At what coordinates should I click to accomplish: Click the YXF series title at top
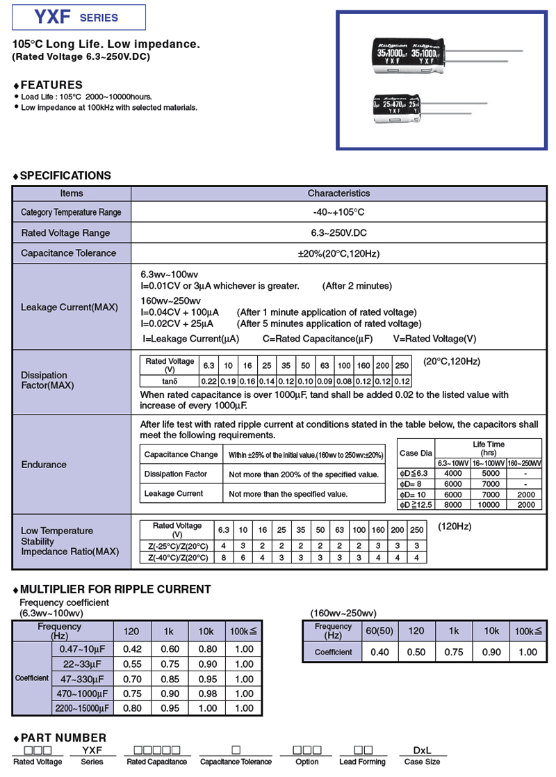pyautogui.click(x=79, y=17)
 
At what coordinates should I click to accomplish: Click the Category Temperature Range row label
pyautogui.click(x=71, y=212)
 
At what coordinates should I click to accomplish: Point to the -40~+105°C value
pyautogui.click(x=338, y=212)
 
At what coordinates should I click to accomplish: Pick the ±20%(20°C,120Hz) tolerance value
pyautogui.click(x=338, y=253)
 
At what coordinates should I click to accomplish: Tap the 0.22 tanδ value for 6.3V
pyautogui.click(x=208, y=381)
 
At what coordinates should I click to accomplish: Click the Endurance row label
pyautogui.click(x=44, y=464)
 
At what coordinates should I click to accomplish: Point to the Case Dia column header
pyautogui.click(x=416, y=454)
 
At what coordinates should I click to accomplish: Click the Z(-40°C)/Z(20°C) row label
pyautogui.click(x=178, y=557)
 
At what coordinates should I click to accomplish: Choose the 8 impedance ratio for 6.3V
pyautogui.click(x=224, y=557)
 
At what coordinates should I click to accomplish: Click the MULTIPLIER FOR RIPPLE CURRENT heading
pyautogui.click(x=115, y=589)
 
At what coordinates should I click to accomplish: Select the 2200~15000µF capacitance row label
pyautogui.click(x=82, y=708)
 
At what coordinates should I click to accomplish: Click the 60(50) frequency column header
pyautogui.click(x=379, y=631)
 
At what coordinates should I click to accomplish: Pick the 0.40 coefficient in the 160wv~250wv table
pyautogui.click(x=379, y=652)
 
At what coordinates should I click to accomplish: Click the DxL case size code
pyautogui.click(x=422, y=751)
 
